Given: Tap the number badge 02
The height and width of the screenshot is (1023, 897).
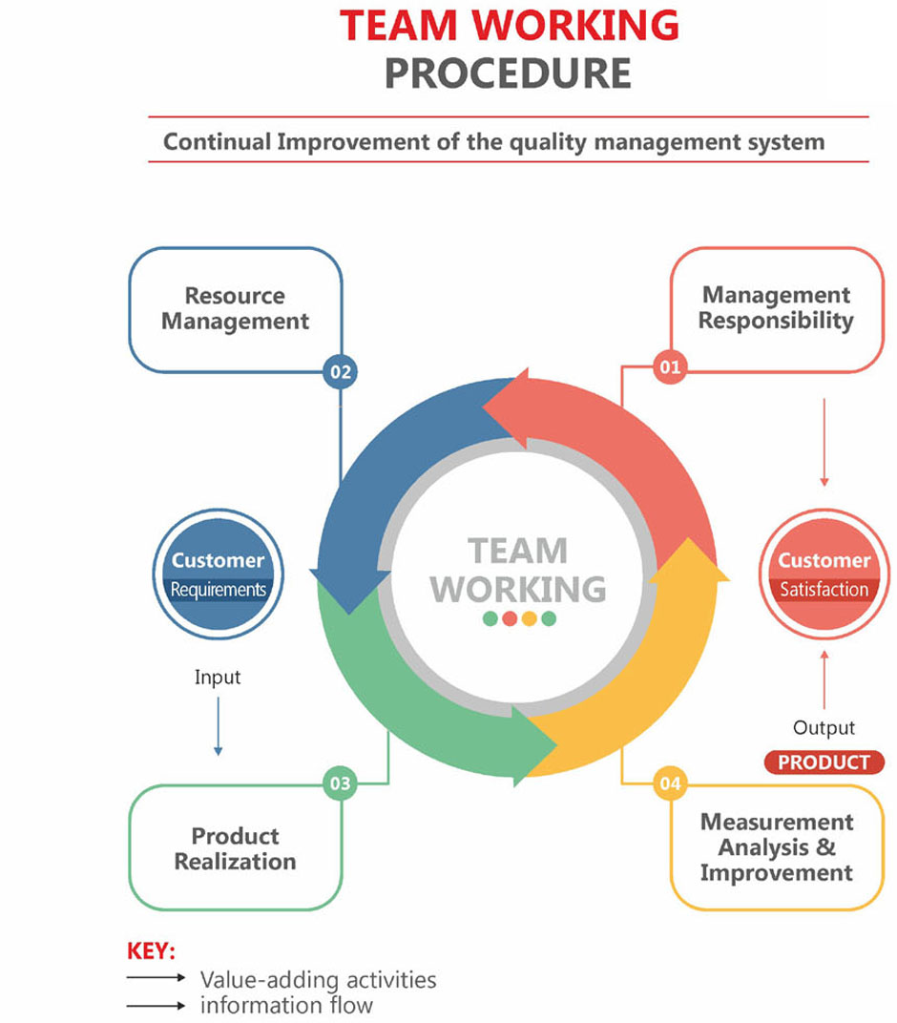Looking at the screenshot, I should pos(340,370).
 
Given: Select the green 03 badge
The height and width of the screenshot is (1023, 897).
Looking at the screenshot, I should pos(340,784).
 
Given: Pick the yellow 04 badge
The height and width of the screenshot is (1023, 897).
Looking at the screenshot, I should pos(671,784).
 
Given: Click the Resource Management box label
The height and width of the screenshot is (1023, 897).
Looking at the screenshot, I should pos(235,308).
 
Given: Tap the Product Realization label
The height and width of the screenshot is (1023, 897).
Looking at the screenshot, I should pos(235,848).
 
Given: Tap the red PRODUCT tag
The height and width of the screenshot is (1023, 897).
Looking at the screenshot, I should pos(824,762).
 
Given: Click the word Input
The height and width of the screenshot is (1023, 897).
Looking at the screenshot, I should pos(218,678).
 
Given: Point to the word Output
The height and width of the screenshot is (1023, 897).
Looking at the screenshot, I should pos(824,728).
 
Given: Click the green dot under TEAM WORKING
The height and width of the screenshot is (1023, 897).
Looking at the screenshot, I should pos(490,618).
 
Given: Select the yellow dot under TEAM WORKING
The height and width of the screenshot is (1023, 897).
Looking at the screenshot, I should pos(529,618).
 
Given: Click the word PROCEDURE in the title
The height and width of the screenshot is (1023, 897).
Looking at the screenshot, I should pos(508,73).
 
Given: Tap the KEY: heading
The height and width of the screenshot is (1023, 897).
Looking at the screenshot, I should pos(151,951).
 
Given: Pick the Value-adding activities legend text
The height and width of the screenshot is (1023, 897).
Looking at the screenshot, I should pos(318,980).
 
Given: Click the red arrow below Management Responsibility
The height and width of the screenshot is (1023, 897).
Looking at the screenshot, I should pos(824,441).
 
